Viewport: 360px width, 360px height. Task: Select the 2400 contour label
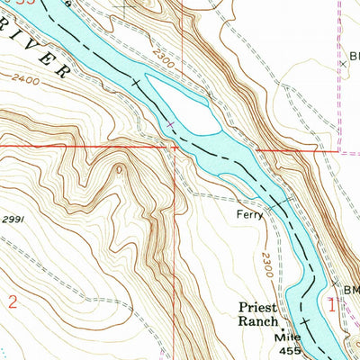(x=28, y=80)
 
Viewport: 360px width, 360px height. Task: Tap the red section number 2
(x=12, y=302)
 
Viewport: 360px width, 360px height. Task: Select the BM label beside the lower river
(x=350, y=290)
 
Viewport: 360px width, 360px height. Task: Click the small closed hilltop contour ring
(x=118, y=168)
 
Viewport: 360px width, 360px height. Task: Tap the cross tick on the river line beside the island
(x=170, y=123)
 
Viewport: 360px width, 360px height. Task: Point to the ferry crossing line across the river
(x=279, y=206)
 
